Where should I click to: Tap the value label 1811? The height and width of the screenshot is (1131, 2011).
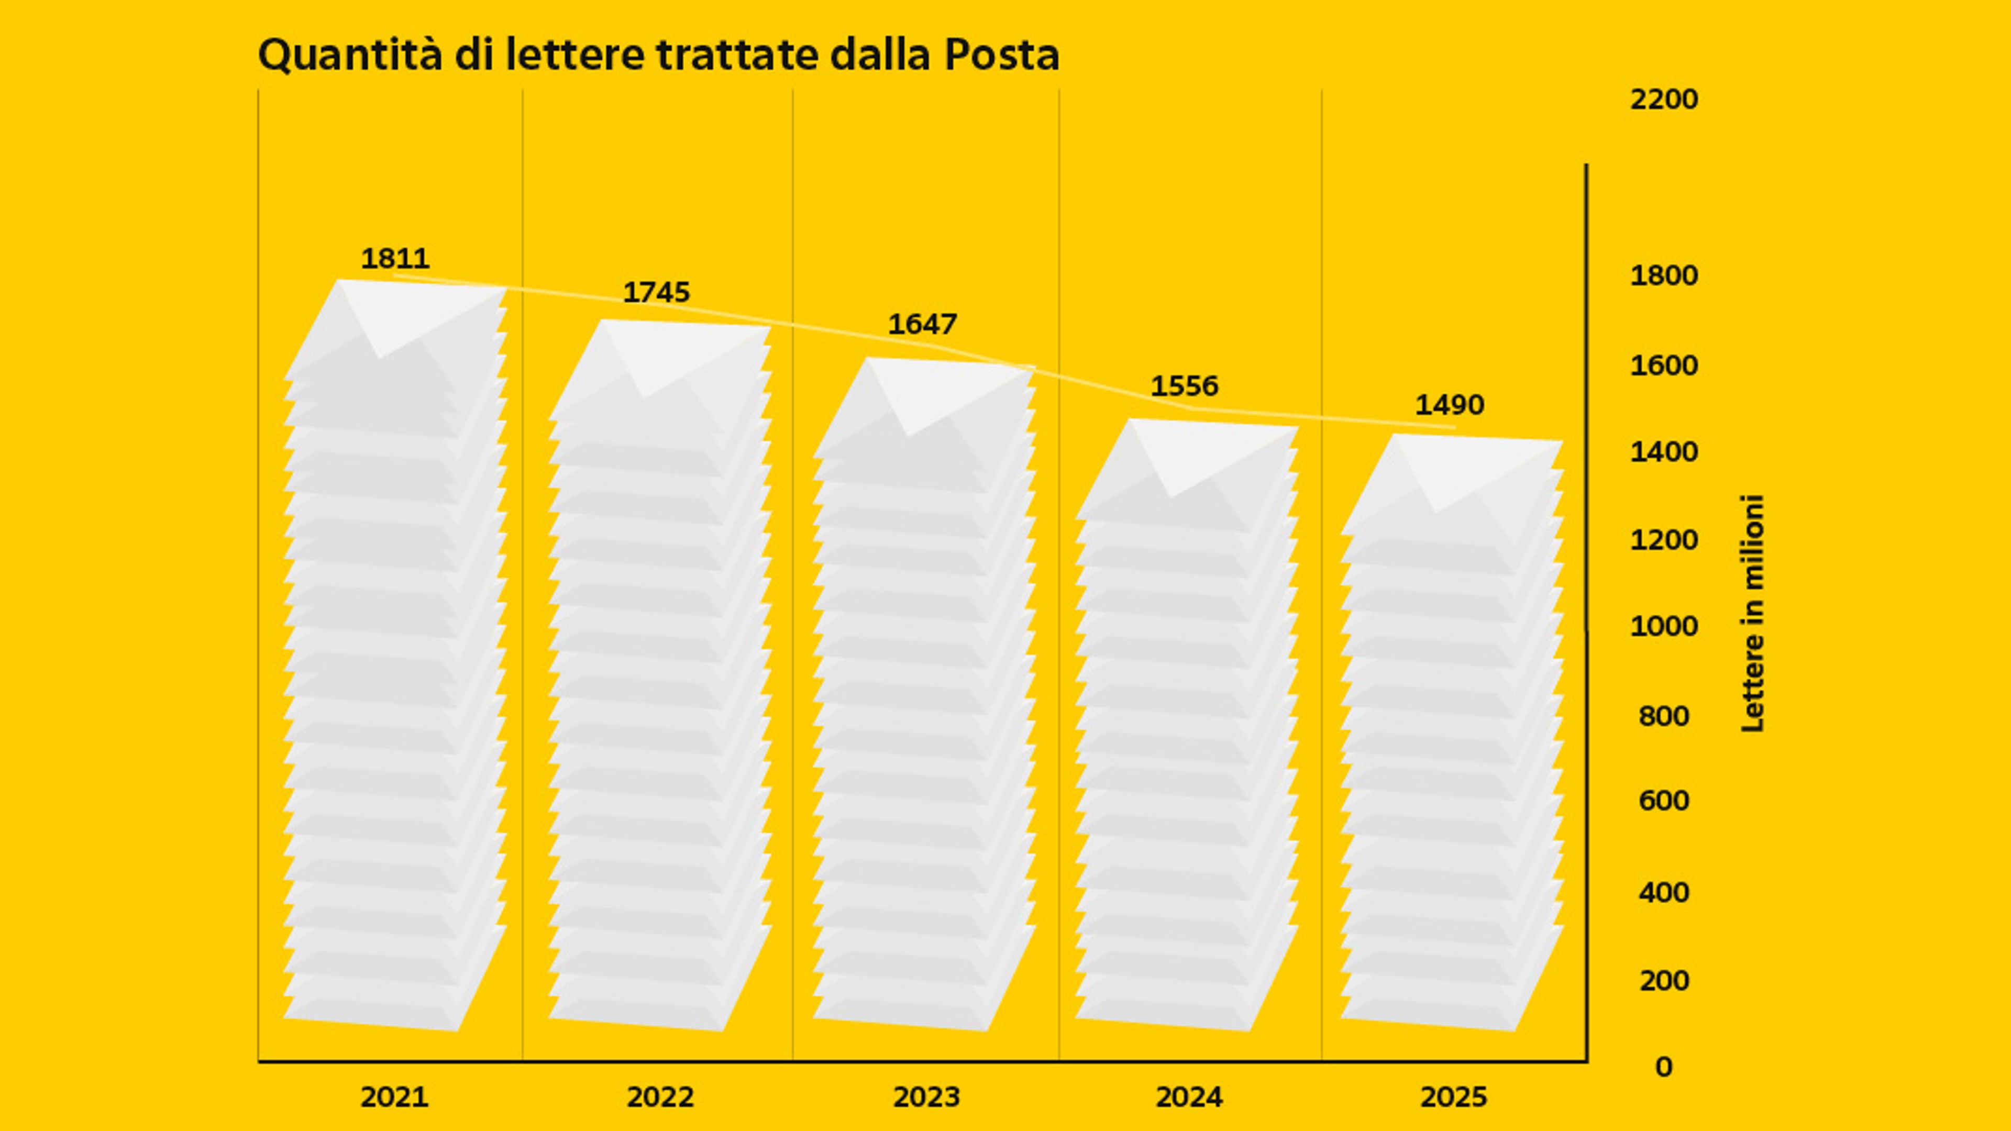(x=395, y=258)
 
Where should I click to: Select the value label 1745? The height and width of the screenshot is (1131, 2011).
(x=657, y=293)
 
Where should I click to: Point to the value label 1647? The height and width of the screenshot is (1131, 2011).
(x=922, y=325)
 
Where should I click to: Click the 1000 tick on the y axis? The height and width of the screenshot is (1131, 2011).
(x=1664, y=626)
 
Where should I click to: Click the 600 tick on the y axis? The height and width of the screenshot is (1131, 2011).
(x=1664, y=801)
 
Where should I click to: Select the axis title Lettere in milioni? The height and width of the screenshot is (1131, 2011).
(x=1753, y=614)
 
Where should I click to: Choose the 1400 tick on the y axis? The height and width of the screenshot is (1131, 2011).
(x=1664, y=452)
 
